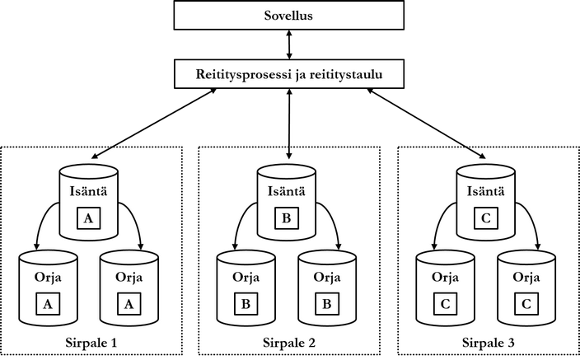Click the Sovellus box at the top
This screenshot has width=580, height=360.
click(289, 15)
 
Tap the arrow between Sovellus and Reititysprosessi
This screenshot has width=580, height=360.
click(289, 44)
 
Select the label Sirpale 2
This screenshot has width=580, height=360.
click(289, 341)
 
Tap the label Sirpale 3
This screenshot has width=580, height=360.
click(488, 341)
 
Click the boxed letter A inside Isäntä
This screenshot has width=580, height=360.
click(90, 219)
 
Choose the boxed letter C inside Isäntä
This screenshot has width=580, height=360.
click(487, 219)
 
